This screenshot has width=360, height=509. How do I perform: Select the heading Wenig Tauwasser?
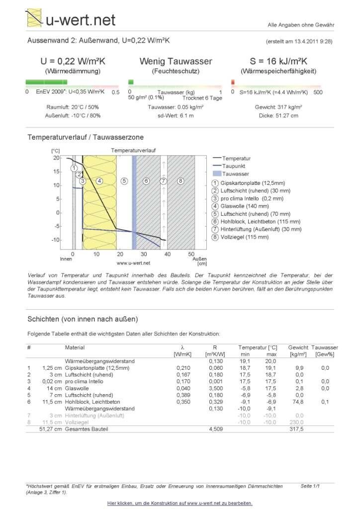click(x=176, y=62)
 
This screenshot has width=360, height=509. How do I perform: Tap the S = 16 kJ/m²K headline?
click(x=278, y=62)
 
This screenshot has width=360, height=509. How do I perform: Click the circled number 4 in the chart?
click(x=99, y=181)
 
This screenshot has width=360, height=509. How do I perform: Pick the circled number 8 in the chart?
click(x=181, y=181)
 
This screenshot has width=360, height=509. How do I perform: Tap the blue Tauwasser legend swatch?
click(x=216, y=174)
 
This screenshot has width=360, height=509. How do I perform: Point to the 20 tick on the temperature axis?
click(x=56, y=158)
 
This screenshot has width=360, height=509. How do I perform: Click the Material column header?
click(x=75, y=347)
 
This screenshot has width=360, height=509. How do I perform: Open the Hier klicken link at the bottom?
click(x=180, y=503)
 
